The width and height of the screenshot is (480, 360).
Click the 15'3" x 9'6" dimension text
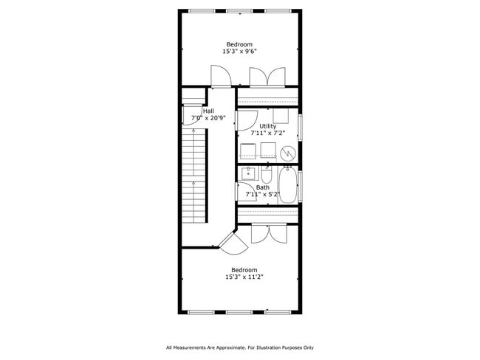coord(240,52)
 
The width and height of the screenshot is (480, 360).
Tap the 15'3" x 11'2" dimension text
coord(244,277)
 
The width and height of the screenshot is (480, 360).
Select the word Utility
coord(267,126)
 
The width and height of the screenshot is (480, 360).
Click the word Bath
coord(263,187)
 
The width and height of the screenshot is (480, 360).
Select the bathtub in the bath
coord(288,187)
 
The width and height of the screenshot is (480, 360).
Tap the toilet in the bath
coord(267,175)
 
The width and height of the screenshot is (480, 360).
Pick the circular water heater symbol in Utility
coord(288,153)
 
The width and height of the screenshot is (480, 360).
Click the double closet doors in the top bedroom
coord(267,77)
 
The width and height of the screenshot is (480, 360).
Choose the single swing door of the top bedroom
coord(220,76)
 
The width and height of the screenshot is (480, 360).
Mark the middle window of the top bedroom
coord(239,11)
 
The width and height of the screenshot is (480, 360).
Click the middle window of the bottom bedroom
coord(239,312)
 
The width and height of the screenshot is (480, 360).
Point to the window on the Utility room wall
coord(300,127)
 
